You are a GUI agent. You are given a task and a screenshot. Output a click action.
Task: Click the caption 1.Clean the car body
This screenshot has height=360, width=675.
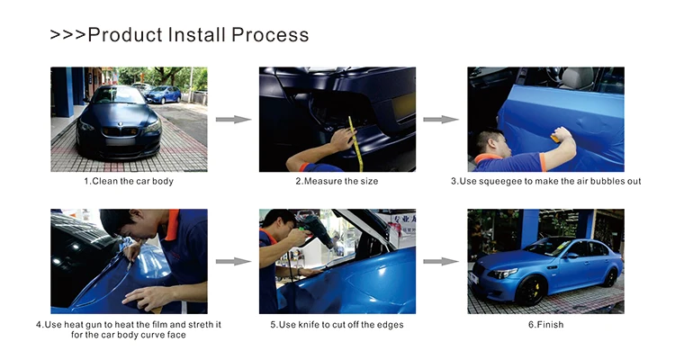(129, 181)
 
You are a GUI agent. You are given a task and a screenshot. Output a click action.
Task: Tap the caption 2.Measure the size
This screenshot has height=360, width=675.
(337, 181)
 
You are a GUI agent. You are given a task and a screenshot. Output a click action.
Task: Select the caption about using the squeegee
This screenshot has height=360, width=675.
(546, 181)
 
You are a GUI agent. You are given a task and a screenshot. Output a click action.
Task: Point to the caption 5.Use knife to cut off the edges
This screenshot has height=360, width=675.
(337, 325)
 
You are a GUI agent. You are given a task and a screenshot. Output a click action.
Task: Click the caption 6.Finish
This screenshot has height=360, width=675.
(546, 325)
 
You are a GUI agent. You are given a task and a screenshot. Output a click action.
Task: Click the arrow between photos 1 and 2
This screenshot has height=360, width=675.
(233, 120)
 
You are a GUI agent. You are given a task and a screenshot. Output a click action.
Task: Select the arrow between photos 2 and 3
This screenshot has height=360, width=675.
(441, 120)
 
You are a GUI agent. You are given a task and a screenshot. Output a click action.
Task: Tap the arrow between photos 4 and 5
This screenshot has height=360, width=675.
(233, 261)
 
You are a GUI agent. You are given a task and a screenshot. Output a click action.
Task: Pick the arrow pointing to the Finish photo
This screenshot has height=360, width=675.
(441, 261)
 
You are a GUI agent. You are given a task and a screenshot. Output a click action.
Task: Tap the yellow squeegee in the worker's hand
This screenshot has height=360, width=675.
(555, 139)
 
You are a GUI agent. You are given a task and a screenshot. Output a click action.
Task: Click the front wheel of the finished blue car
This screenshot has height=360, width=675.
(531, 290)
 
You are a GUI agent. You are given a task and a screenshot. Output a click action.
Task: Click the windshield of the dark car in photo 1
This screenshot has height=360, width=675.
(119, 95)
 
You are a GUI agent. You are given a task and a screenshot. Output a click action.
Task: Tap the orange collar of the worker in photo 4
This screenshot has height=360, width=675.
(172, 224)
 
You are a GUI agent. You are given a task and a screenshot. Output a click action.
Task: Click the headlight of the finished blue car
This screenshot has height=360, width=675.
(502, 273)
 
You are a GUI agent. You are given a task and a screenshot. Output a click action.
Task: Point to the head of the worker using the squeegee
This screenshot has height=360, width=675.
(490, 143)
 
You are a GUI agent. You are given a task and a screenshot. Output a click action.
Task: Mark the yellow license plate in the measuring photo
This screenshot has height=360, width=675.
(404, 106)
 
